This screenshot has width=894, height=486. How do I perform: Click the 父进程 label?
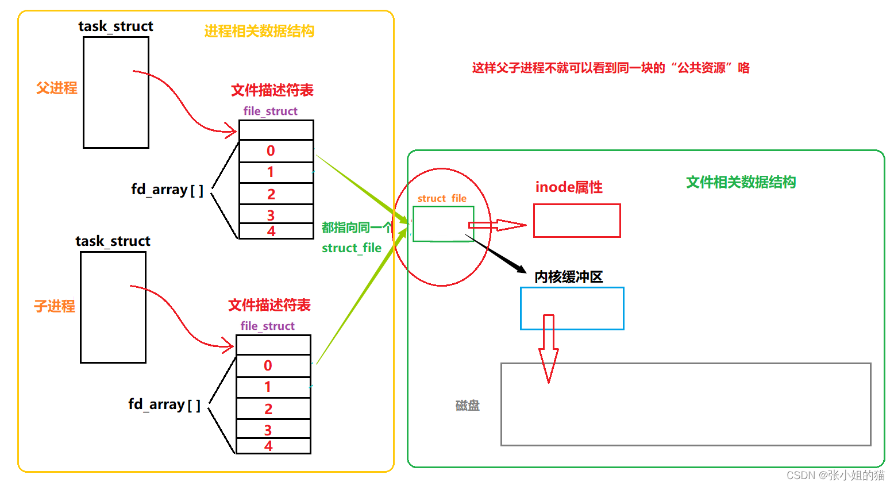56,88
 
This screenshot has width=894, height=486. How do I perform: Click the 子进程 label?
55,306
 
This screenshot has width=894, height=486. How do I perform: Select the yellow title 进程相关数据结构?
259,31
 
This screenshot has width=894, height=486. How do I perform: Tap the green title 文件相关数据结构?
741,182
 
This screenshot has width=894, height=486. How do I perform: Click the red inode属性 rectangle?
577,221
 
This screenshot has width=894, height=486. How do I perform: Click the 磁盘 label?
467,406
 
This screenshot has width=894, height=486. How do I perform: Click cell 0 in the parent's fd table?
276,151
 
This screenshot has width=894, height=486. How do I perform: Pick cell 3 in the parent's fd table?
276,214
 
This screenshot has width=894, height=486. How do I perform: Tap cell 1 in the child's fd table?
273,387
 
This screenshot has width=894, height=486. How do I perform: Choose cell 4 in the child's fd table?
273,446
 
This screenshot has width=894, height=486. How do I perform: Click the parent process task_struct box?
116,92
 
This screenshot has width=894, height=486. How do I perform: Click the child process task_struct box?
113,307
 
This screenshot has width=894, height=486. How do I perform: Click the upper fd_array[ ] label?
167,190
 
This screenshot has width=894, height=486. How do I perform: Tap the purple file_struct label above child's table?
267,326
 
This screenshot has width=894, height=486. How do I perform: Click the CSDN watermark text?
835,475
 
